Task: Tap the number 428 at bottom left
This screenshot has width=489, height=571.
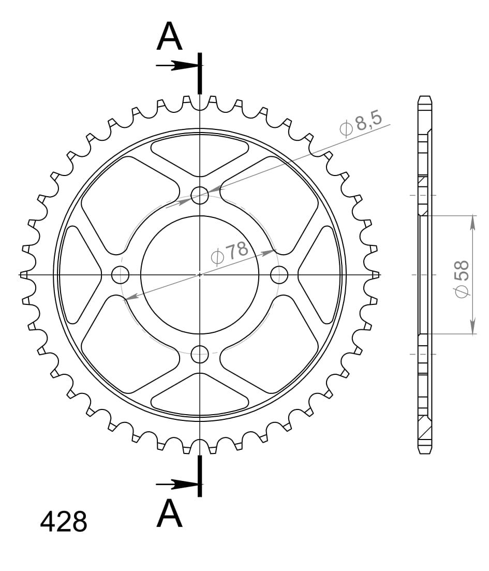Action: [63, 522]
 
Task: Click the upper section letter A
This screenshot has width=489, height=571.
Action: [169, 36]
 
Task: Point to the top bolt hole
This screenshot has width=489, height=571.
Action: [200, 195]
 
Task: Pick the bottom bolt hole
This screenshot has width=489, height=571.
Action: [200, 354]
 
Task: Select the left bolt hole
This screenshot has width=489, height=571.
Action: [120, 274]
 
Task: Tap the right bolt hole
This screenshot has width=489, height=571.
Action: [279, 274]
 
